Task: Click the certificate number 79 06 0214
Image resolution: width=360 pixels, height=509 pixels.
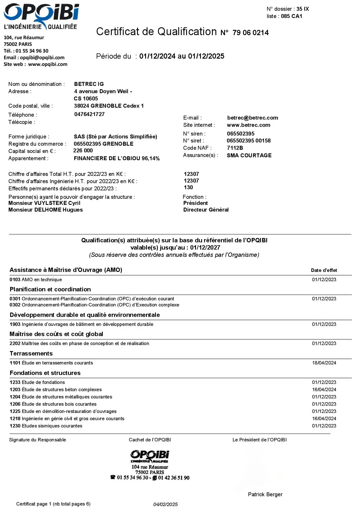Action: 250,33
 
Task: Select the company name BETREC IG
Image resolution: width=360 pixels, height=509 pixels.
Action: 89,84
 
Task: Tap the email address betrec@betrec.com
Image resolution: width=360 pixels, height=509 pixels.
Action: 252,118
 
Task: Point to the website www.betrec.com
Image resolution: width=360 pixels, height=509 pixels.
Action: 248,125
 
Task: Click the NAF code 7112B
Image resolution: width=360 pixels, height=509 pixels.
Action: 235,148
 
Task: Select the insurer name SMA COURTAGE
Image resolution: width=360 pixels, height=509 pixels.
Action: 249,156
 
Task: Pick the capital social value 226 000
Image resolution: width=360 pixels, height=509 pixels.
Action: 83,151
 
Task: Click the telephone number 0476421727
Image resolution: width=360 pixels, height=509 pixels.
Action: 89,114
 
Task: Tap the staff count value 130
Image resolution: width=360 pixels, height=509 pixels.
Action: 188,187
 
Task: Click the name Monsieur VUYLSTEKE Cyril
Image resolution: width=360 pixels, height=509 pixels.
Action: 44,203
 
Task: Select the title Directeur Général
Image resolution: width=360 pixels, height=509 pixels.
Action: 206,210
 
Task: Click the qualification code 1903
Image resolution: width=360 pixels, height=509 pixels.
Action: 15,324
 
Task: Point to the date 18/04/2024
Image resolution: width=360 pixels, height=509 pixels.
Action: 324,363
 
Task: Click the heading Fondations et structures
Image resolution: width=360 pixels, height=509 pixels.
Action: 45,373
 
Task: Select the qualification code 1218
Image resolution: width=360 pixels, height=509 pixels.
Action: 15,419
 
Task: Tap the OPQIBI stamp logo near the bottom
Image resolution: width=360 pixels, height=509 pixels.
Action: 150,456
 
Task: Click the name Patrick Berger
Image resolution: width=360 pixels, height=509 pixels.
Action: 265,494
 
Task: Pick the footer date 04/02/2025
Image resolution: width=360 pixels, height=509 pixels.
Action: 165,504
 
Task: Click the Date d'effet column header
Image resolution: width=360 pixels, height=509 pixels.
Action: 324,270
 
